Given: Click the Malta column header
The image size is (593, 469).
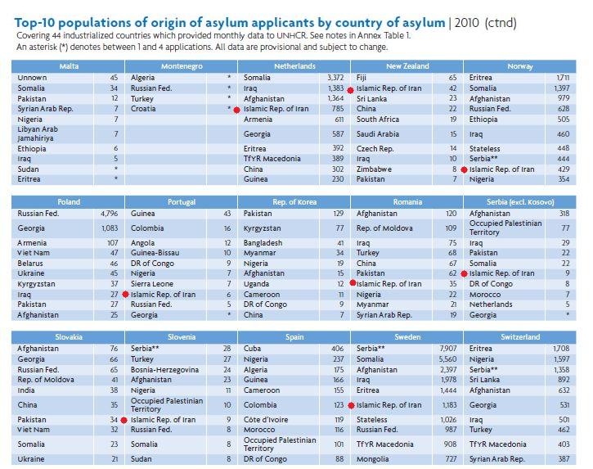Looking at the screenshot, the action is click(69, 66).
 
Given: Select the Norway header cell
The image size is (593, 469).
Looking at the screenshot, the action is click(520, 66).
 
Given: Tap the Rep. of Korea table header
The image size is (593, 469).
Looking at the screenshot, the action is click(294, 201).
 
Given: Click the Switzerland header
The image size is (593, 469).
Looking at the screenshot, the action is click(520, 337).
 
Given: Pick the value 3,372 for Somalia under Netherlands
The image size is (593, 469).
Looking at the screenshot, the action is click(335, 78).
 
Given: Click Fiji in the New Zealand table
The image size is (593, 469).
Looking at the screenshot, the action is click(362, 78).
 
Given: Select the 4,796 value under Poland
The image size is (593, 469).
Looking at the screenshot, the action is click(110, 214).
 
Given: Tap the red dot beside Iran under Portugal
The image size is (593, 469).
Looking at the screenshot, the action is click(126, 295).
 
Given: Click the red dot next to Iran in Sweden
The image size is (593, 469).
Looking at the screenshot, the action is click(351, 405).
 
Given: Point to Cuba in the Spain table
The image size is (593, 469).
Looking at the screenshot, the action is click(252, 348).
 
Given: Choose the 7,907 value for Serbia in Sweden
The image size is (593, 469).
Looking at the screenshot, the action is click(447, 348).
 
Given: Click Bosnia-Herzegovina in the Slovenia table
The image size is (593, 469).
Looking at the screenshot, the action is click(164, 370).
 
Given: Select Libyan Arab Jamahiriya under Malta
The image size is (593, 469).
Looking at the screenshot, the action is click(38, 133).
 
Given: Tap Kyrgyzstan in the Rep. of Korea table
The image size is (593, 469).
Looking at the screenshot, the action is click(262, 228).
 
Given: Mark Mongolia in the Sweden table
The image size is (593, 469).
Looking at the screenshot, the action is click(372, 459).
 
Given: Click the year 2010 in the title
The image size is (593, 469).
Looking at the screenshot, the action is click(467, 23).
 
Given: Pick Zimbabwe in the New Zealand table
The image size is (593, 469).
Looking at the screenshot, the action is click(374, 169).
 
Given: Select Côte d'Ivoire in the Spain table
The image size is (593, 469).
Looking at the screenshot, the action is click(266, 419).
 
